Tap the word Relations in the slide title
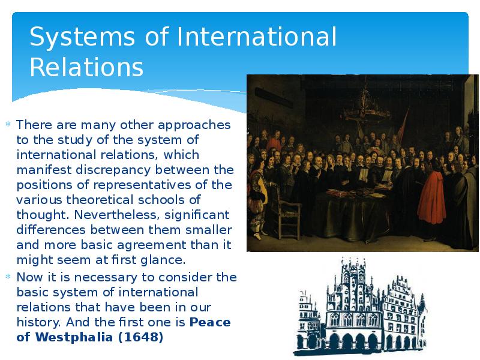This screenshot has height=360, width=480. tap(86, 67)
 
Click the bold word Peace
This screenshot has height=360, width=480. tap(210, 322)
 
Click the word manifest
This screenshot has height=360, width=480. tap(39, 170)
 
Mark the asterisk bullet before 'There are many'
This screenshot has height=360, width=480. tap(8, 125)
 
